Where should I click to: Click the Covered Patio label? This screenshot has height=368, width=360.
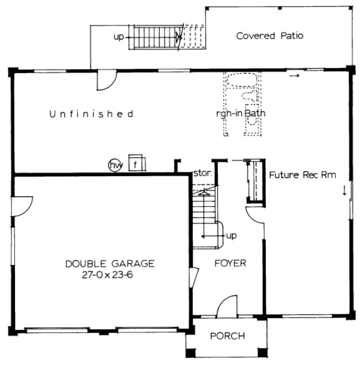(270, 36)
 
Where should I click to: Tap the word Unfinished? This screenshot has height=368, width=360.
(91, 114)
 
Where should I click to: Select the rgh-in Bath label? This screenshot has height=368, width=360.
(241, 114)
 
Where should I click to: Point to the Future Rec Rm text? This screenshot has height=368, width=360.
(303, 175)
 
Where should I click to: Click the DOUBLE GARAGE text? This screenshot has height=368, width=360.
(110, 263)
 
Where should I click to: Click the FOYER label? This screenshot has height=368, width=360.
(230, 263)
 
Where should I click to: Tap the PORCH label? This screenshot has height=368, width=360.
(227, 336)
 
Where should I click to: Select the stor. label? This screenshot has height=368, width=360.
(200, 173)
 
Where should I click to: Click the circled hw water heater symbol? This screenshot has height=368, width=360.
(115, 165)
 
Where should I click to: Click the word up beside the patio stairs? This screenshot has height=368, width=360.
(119, 37)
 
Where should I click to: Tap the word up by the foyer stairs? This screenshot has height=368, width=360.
(232, 236)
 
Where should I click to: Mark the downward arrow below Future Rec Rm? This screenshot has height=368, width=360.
(344, 190)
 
